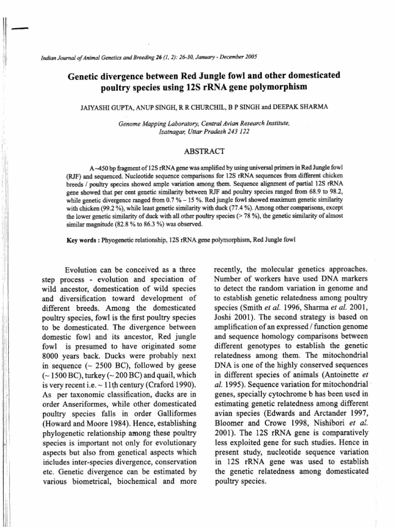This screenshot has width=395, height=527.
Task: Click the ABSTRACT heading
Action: pyautogui.click(x=204, y=151)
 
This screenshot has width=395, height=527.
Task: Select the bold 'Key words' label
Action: pyautogui.click(x=84, y=240)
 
